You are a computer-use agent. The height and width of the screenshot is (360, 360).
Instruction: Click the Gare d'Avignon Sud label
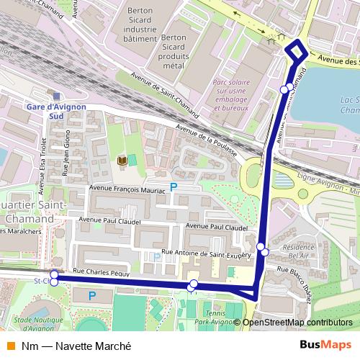point(56,110)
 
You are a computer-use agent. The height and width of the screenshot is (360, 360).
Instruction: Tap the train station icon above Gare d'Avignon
point(56,94)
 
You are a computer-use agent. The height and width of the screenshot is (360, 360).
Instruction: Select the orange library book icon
point(122,160)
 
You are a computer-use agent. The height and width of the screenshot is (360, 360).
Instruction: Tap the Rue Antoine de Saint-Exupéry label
point(207,253)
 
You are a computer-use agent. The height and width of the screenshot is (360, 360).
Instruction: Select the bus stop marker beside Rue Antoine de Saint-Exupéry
point(265,252)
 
